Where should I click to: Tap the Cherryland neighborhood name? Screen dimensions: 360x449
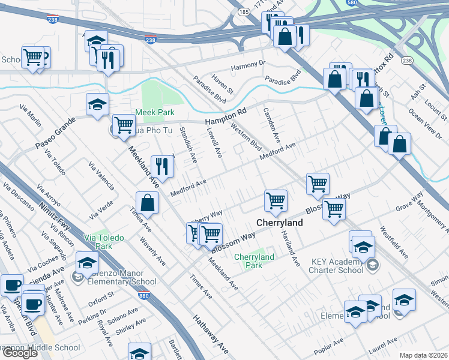(x=279, y=223)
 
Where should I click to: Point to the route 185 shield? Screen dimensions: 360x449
(x=243, y=11)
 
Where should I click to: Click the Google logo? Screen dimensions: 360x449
(x=20, y=353)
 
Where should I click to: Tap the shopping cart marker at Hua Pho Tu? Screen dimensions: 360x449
(x=124, y=125)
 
